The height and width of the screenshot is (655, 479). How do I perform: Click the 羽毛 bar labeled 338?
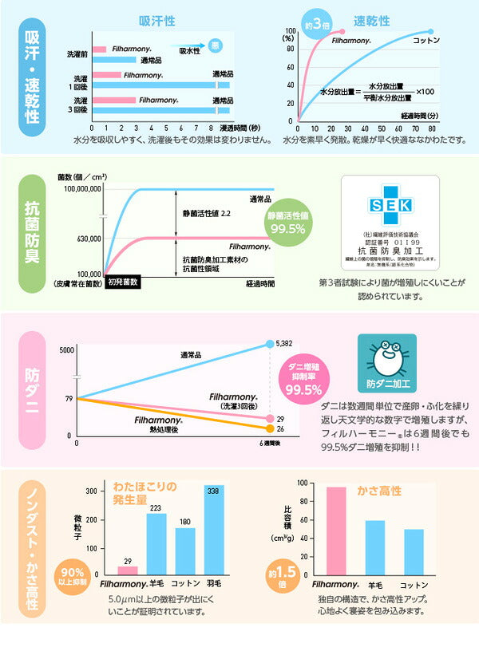point(213,530)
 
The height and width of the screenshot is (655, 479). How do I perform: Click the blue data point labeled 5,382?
point(269,345)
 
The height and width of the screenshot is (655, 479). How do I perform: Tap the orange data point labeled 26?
point(269,429)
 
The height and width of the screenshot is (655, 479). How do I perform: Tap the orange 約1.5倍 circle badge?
point(285,576)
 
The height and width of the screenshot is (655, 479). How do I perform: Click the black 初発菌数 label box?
point(123,282)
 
